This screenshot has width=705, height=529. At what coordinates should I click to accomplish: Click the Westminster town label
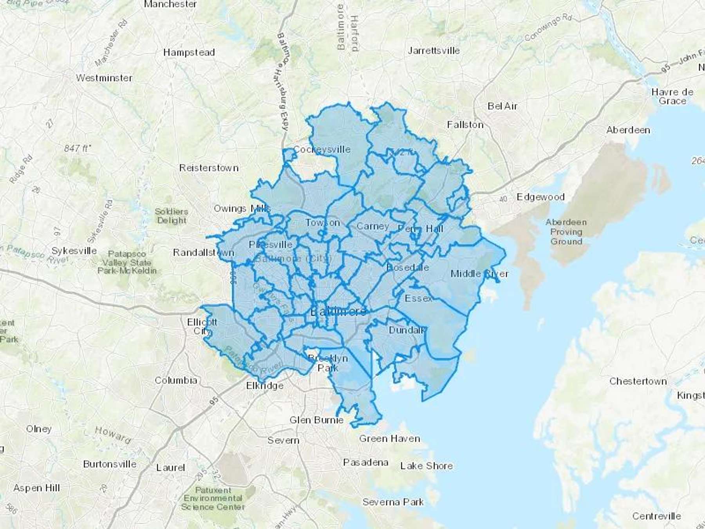104,78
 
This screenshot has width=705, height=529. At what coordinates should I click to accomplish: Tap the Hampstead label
189,53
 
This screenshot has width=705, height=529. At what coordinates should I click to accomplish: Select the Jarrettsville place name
434,51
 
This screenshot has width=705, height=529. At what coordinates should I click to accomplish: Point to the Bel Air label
502,106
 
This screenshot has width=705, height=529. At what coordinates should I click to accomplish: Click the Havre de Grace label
672,96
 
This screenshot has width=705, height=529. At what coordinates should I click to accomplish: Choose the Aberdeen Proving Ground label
566,232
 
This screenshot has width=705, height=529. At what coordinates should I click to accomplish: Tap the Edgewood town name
540,197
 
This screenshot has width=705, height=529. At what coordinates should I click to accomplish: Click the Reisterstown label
209,168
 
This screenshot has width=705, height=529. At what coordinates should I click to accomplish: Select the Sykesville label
74,251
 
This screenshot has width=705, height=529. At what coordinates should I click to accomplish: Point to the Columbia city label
176,380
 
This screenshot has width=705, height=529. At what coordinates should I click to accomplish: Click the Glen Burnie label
316,420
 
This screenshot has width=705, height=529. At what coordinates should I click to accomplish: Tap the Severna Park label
393,502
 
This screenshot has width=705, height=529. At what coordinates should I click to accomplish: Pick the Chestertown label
638,381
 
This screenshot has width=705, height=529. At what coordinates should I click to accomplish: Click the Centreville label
656,516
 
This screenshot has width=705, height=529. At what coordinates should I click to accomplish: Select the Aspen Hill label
36,488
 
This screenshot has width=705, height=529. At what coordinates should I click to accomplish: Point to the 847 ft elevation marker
77,149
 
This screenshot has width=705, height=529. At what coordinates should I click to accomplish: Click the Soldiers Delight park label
172,216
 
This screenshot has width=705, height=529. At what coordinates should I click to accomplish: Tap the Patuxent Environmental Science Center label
213,498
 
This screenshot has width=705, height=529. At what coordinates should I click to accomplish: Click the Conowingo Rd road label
548,28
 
